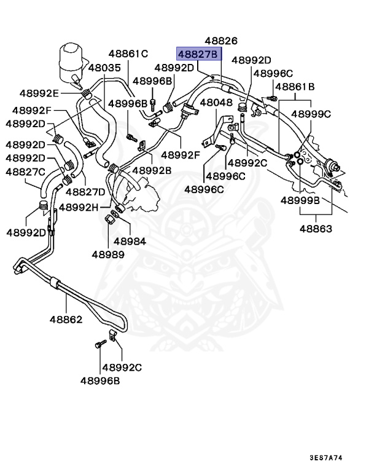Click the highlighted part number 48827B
click(198, 54)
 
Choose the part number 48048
click(216, 103)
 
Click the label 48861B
click(295, 87)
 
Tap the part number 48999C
click(311, 114)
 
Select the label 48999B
click(301, 200)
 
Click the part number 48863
click(316, 229)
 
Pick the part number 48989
click(108, 254)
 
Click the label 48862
click(66, 320)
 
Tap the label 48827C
click(25, 171)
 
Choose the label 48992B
click(152, 170)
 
